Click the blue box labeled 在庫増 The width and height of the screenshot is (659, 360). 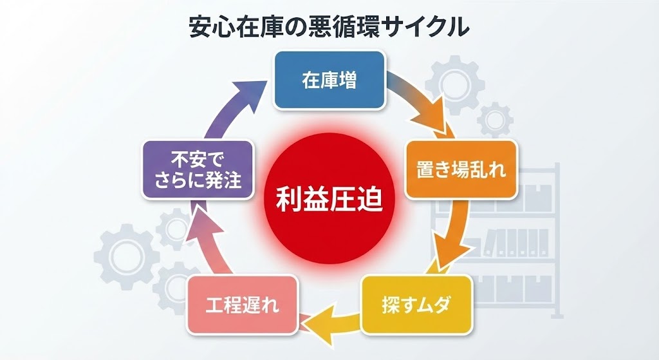click(329, 80)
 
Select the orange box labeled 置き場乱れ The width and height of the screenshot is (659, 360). click(461, 169)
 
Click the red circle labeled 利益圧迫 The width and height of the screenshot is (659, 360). click(329, 198)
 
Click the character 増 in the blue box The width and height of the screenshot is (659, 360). click(348, 81)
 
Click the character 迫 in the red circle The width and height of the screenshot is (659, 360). click(369, 198)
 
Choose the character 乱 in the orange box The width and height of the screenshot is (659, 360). click(479, 170)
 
